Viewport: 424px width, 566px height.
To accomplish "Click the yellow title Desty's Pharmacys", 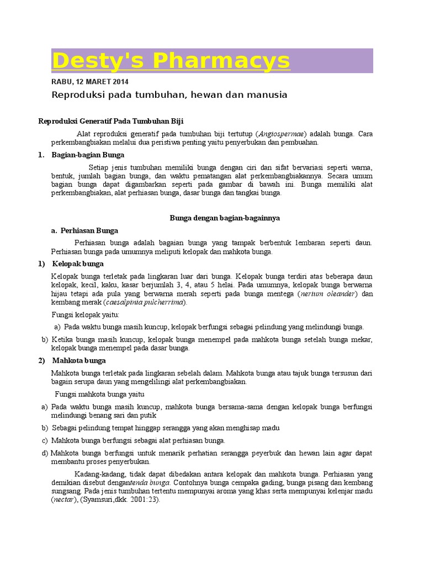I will tap(171, 61).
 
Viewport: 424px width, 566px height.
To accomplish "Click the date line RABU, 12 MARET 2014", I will tap(89, 82).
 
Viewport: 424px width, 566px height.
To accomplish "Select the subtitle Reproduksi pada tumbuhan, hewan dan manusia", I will tap(169, 95).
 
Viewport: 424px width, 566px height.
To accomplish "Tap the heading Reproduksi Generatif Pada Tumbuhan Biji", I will tap(110, 121).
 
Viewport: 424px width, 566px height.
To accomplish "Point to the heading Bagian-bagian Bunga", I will tap(88, 155).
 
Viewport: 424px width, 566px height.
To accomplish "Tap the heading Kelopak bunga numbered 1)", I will tap(78, 264).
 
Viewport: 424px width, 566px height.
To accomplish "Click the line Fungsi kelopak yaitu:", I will tap(86, 315).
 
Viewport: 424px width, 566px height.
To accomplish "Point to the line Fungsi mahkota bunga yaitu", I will tap(99, 394).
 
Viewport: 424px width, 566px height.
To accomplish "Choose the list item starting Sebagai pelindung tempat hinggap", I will tap(166, 428).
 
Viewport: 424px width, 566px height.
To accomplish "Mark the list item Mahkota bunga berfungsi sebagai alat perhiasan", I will tap(138, 441).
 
